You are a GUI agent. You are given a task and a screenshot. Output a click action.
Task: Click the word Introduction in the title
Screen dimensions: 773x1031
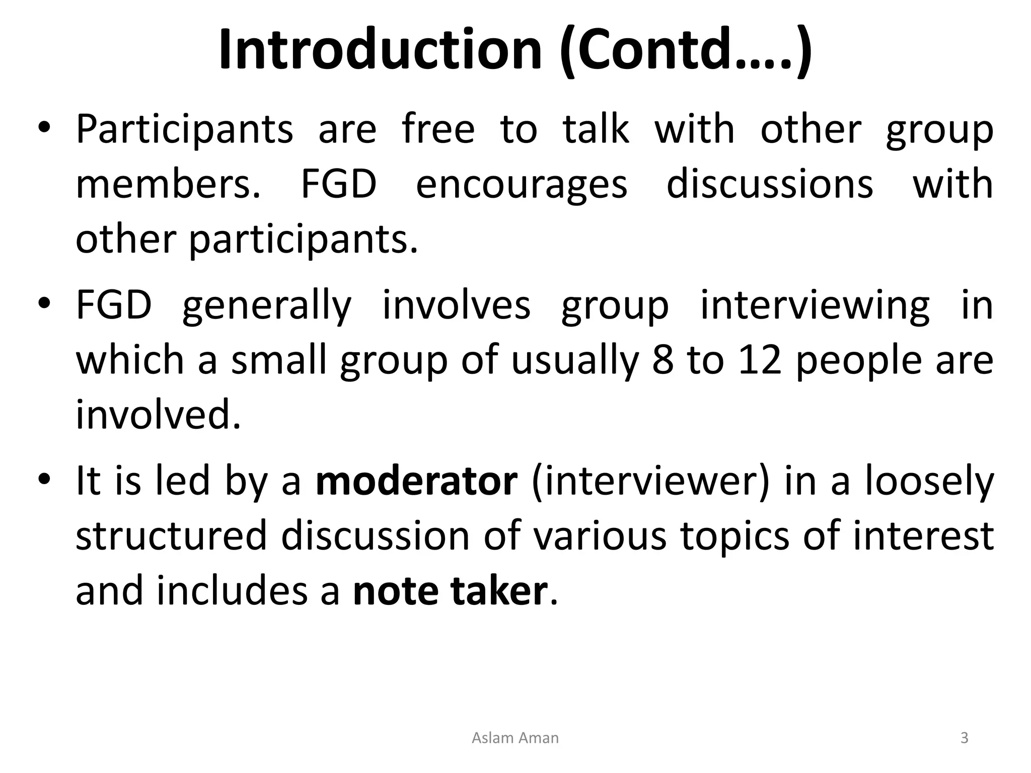[x=380, y=49]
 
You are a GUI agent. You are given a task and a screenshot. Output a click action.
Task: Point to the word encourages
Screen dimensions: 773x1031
[x=522, y=184]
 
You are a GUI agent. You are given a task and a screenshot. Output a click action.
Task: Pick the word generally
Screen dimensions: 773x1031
[x=267, y=306]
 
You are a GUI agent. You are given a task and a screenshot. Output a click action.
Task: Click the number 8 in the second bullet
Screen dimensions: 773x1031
[x=662, y=360]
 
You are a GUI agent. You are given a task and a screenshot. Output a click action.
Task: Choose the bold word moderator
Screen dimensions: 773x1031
[x=416, y=481]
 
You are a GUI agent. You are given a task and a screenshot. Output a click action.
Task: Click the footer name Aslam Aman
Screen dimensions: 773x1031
[x=515, y=738]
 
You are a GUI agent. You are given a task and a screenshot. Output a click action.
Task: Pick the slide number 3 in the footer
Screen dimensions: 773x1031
[x=964, y=738]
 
